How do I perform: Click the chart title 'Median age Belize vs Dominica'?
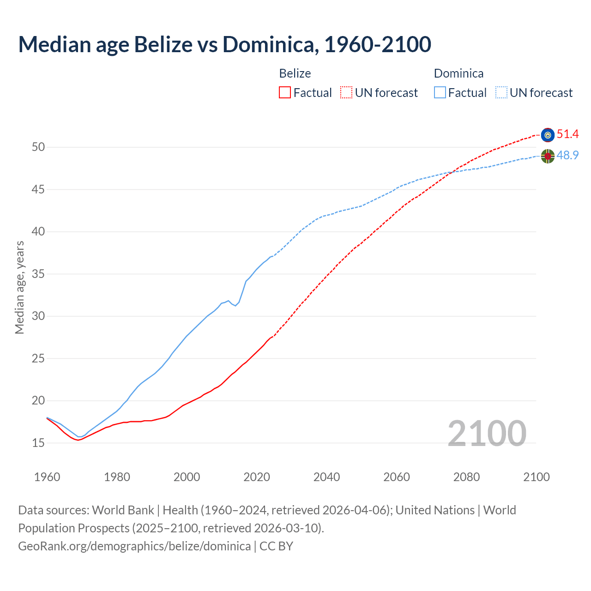[x=224, y=44]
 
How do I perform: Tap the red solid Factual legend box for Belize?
[x=285, y=93]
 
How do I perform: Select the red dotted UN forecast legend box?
[x=346, y=93]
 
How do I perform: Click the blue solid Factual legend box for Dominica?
[x=440, y=93]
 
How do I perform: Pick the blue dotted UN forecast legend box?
[x=501, y=93]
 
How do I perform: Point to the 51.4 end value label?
[x=567, y=134]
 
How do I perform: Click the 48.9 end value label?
[x=567, y=156]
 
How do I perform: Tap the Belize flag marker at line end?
[x=548, y=135]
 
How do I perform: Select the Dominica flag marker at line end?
[x=548, y=157]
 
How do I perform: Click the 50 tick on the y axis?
[x=38, y=147]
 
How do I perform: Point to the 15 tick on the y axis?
[x=38, y=443]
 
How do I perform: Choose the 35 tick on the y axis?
[x=38, y=274]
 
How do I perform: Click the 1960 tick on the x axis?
[x=47, y=477]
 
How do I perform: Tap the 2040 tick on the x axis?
[x=326, y=477]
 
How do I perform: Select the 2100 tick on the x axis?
[x=536, y=477]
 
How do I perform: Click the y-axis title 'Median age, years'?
[x=19, y=287]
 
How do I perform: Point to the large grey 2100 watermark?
[x=487, y=433]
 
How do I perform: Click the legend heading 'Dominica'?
[x=458, y=73]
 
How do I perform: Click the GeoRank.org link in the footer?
[x=134, y=546]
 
